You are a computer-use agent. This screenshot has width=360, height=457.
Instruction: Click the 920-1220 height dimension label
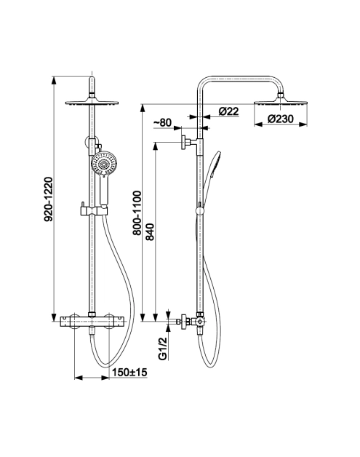pyautogui.click(x=48, y=199)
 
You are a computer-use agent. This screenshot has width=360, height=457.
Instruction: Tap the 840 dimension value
pyautogui.click(x=150, y=232)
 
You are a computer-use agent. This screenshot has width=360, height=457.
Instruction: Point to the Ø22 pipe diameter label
pyautogui.click(x=228, y=111)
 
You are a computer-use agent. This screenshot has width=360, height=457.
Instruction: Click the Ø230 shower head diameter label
pyautogui.click(x=281, y=119)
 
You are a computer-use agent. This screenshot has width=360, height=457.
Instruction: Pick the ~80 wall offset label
pyautogui.click(x=162, y=123)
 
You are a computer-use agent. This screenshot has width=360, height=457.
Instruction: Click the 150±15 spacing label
pyautogui.click(x=129, y=372)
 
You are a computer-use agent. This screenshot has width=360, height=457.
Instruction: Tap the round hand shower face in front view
pyautogui.click(x=103, y=164)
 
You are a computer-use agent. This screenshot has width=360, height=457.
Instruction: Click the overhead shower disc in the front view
pyautogui.click(x=92, y=103)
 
